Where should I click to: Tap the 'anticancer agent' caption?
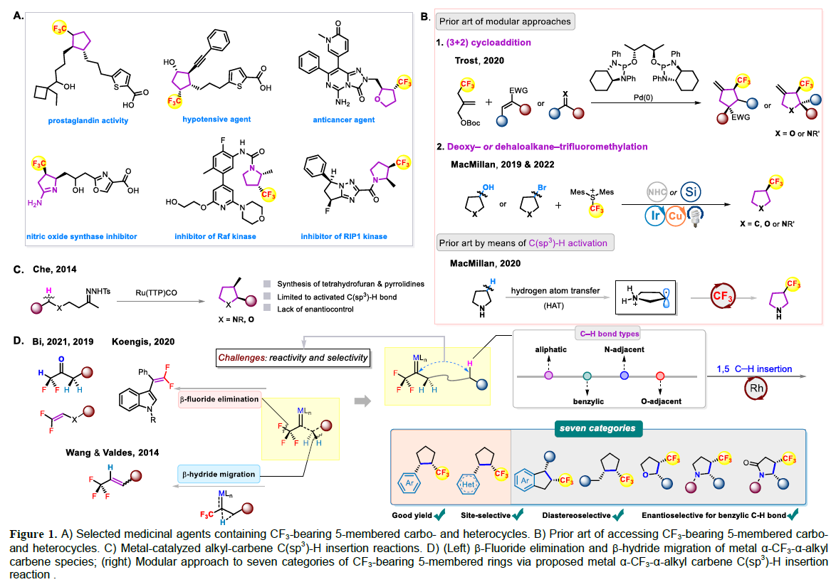[x=349, y=120]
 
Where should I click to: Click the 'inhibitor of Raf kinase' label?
[x=214, y=236]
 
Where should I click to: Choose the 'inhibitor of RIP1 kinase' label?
[x=343, y=236]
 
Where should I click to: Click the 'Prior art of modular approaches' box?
[x=506, y=21]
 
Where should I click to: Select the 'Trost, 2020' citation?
[x=479, y=60]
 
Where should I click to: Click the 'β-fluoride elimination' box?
[x=219, y=400]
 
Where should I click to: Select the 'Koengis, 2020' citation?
[x=142, y=343]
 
